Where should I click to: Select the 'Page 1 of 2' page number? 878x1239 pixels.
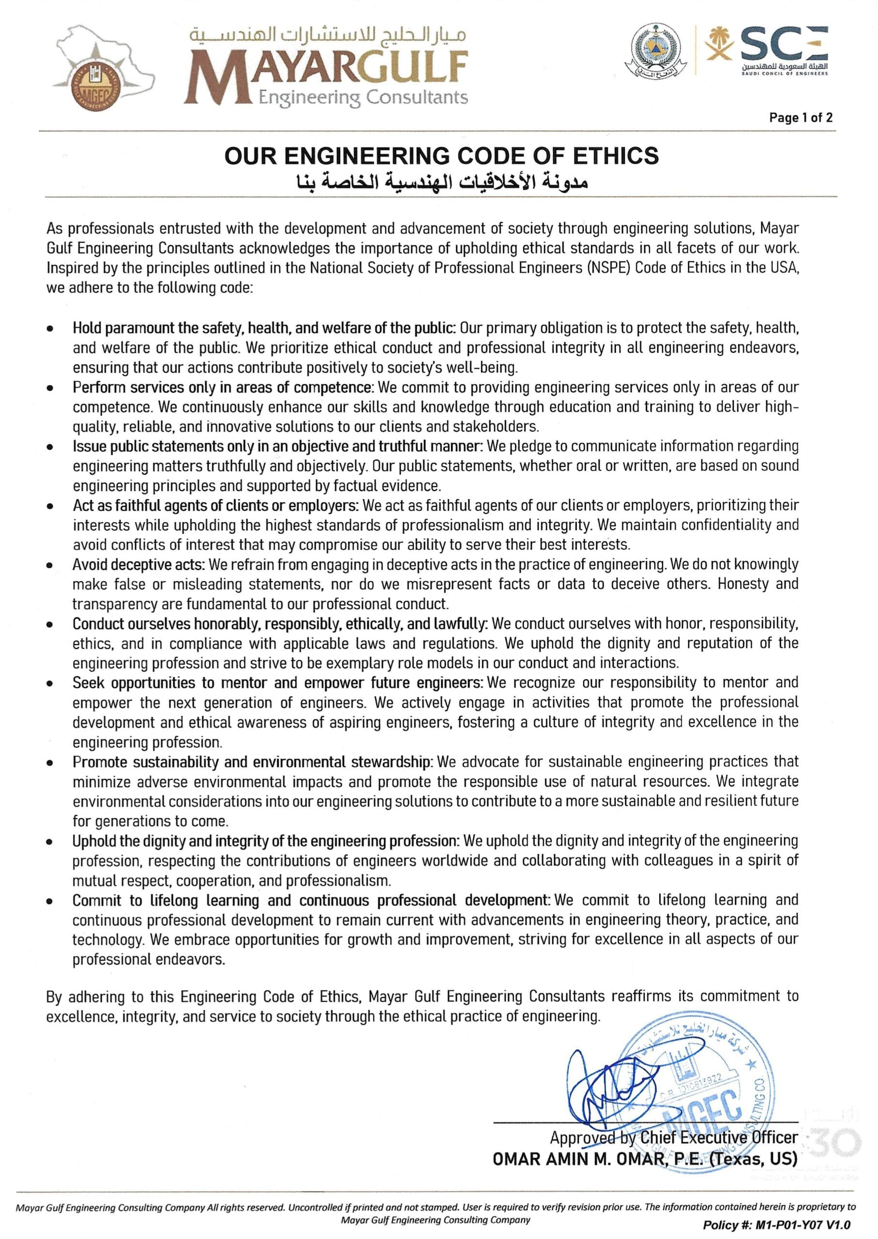(801, 117)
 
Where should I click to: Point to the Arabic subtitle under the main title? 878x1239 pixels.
(441, 183)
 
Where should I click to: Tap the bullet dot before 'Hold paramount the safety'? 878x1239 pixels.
(50, 329)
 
